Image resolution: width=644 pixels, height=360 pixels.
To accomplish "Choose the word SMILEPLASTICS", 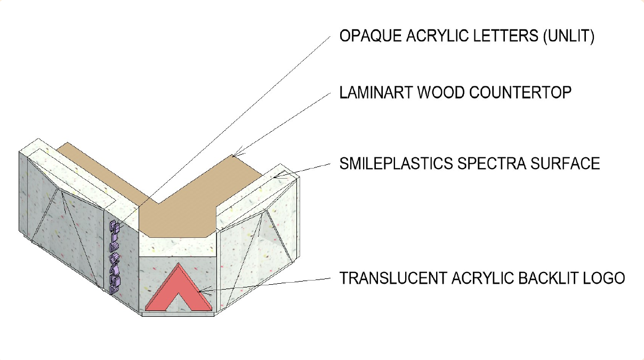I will (395, 163).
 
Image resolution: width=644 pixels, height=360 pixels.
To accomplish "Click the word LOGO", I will (605, 278).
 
